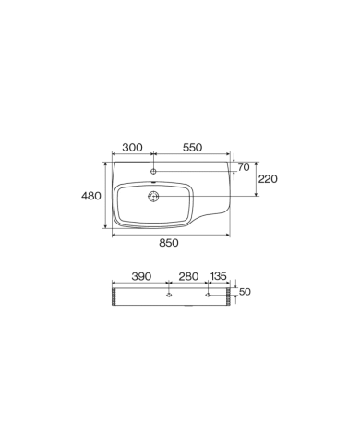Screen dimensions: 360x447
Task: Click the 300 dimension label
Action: click(132, 148)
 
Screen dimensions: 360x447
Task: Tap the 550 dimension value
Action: click(192, 148)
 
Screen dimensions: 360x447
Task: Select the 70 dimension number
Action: click(244, 167)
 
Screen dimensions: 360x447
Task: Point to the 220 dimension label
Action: click(268, 179)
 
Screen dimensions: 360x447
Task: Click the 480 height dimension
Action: click(91, 196)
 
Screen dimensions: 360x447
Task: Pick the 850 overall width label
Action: click(169, 243)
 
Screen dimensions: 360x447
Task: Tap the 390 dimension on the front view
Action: click(141, 276)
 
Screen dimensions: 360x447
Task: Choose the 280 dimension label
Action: click(188, 276)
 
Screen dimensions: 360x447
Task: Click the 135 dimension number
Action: click(218, 276)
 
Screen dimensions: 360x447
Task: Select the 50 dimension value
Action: click(245, 292)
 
